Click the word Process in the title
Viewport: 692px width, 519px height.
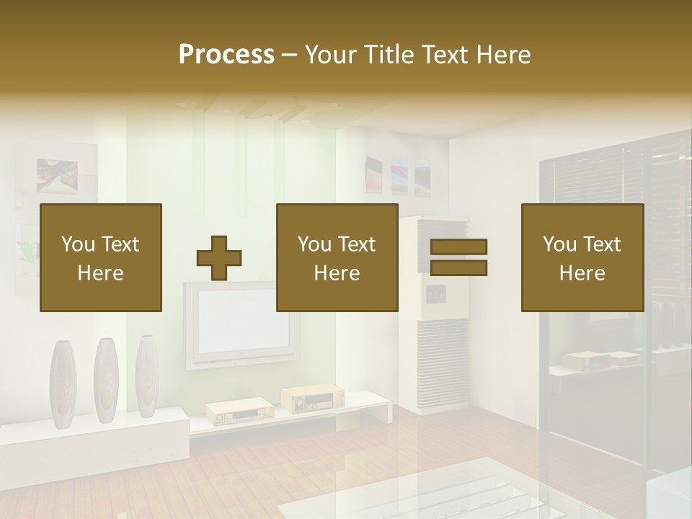coord(226,55)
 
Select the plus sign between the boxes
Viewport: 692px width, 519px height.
coord(219,258)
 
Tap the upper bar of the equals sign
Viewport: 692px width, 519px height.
coord(458,247)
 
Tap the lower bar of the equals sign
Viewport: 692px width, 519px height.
coord(458,268)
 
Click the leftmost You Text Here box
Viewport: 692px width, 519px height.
coord(101,258)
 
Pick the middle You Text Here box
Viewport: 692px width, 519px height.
coord(337,258)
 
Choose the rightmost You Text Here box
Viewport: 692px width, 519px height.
coord(582,258)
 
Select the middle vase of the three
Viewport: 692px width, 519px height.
coord(105,379)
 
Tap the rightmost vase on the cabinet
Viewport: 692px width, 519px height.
coord(147,376)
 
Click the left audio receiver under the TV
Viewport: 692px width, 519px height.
coord(239,412)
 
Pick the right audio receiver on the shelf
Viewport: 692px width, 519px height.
coord(311,397)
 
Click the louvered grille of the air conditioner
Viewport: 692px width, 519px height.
coord(443,353)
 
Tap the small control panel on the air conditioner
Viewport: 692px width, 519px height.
coord(435,294)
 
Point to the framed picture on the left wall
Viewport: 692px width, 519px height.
coord(57,177)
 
